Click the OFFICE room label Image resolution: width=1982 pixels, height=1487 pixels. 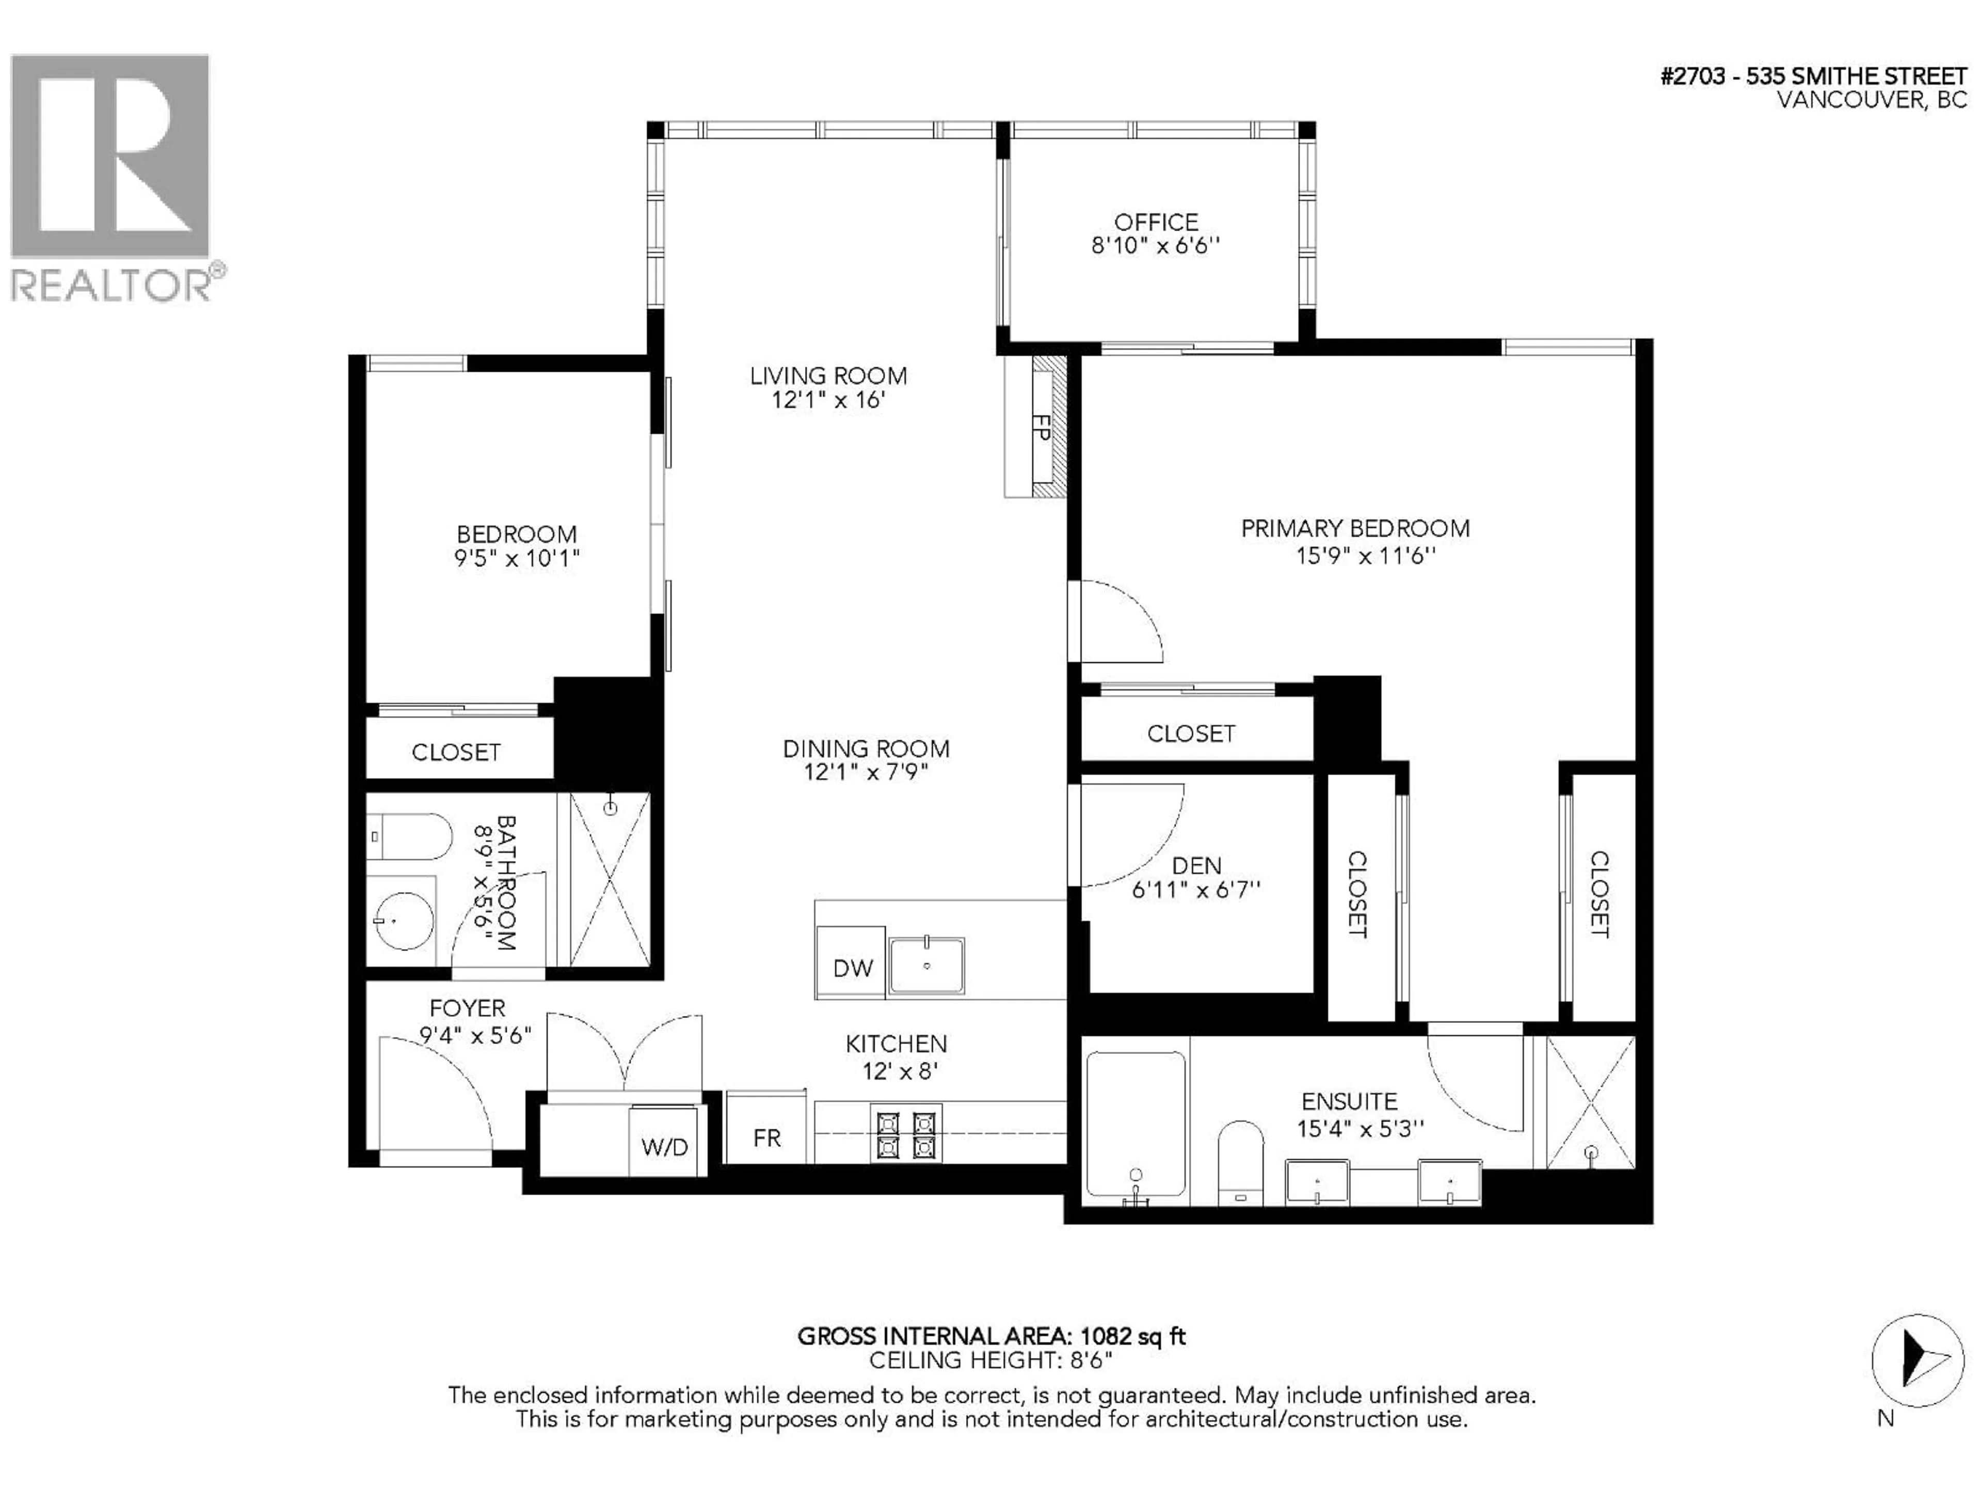(x=1156, y=222)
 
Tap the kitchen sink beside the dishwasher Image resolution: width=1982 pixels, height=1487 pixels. (x=926, y=966)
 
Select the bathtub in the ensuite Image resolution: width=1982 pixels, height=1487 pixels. (x=1136, y=1129)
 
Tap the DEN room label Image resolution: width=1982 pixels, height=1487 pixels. (x=1196, y=865)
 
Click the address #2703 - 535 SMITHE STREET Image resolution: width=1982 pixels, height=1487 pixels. (x=1814, y=76)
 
